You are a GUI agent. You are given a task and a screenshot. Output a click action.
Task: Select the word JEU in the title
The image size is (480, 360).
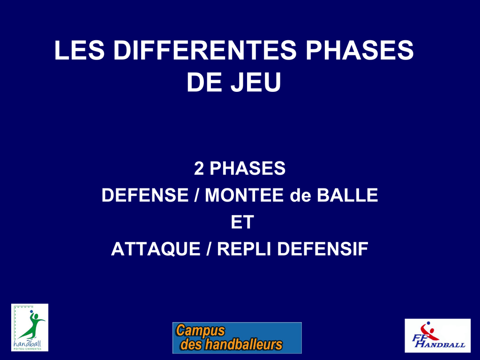[256, 82]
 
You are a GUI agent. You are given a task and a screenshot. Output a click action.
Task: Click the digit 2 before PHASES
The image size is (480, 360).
[199, 169]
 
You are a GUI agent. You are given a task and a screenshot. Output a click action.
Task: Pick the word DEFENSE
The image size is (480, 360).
[145, 195]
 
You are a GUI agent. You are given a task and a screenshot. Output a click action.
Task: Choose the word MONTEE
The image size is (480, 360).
[244, 195]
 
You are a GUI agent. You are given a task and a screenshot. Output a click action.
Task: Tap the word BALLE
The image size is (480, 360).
[347, 195]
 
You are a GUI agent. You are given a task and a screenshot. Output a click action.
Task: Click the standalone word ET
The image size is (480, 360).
[242, 222]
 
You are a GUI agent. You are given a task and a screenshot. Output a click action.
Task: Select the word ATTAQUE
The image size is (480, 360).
[156, 249]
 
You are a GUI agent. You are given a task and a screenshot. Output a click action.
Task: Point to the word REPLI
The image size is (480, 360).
[244, 249]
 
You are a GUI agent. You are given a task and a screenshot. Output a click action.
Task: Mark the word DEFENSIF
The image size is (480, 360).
[322, 249]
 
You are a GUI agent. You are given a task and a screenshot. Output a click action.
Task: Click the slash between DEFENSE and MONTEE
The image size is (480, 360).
[196, 195]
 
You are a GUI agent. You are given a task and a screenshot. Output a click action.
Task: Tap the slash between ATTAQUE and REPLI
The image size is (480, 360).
[209, 249]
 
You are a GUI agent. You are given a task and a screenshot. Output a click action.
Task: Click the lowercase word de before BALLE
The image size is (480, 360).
[300, 195]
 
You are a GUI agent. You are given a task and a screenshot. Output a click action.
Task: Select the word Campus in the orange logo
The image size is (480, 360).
[200, 331]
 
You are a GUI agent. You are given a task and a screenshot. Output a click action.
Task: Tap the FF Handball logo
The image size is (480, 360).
[437, 336]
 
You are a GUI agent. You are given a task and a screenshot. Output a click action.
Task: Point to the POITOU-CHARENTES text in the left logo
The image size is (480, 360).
[28, 349]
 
